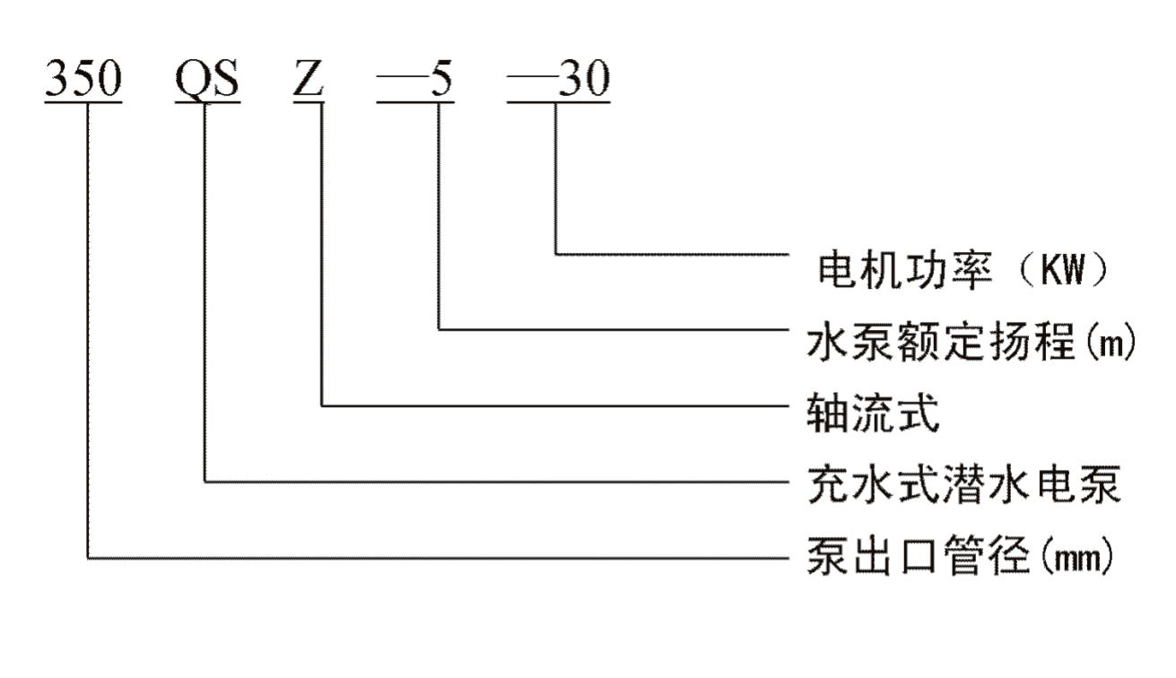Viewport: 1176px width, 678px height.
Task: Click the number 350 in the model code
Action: (x=83, y=80)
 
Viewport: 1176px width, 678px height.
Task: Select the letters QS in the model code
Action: (x=207, y=80)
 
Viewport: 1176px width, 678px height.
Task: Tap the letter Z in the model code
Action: (x=308, y=80)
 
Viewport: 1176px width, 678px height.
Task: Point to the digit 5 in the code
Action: (x=440, y=80)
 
